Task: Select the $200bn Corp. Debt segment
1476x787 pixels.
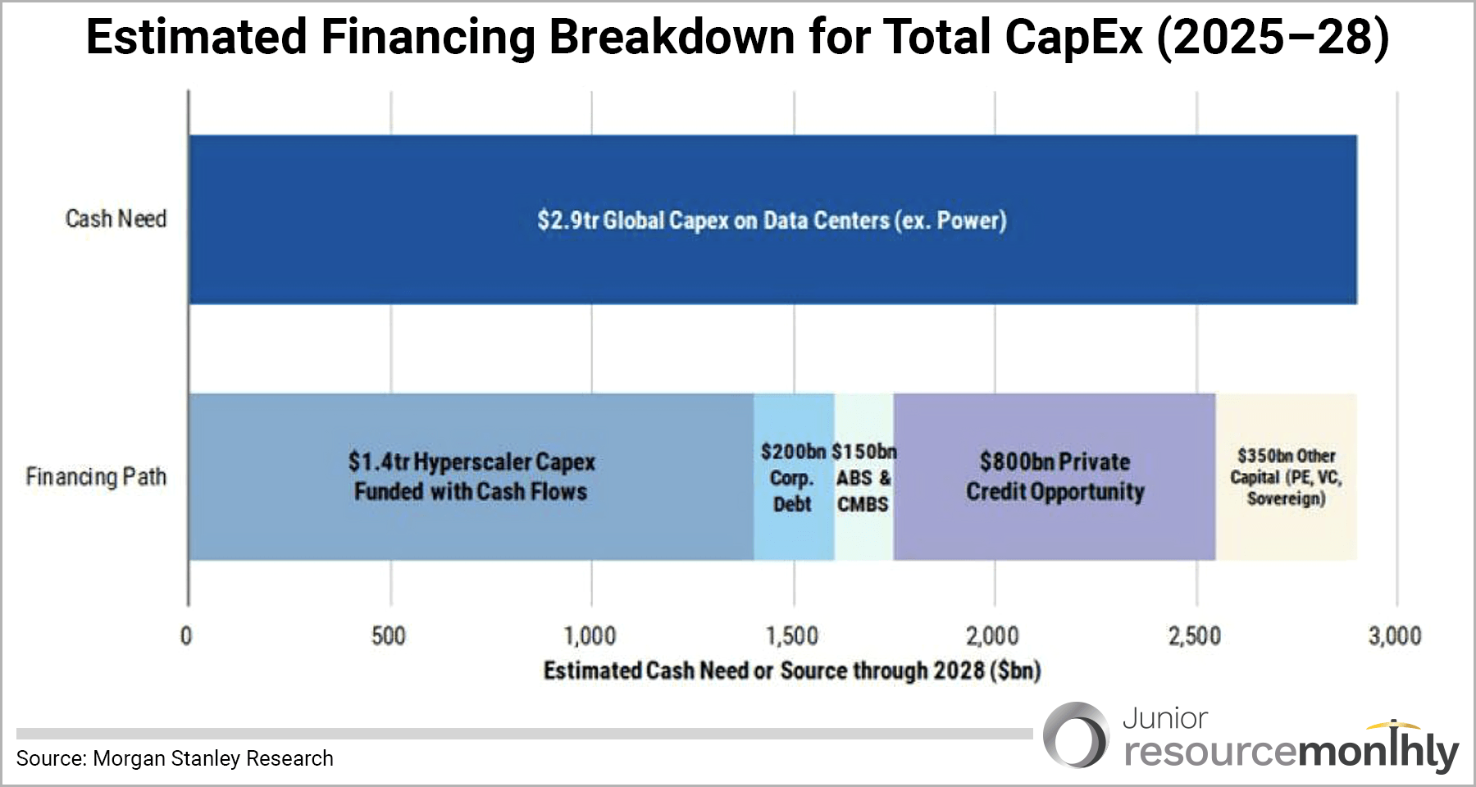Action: (x=793, y=478)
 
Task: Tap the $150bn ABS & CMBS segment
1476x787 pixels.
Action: (x=863, y=478)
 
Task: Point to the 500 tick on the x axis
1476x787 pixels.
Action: (x=389, y=636)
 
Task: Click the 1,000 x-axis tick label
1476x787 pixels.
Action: (x=590, y=636)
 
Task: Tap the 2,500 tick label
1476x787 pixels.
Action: (x=1195, y=636)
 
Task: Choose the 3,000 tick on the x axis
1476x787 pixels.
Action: (x=1395, y=636)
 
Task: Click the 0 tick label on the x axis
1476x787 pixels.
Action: (x=187, y=636)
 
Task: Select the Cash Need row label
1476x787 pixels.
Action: (x=116, y=219)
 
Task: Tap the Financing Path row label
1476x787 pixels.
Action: (x=96, y=476)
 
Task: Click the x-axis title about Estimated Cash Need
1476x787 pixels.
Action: (x=792, y=671)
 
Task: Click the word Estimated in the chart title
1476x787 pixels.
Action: (x=197, y=38)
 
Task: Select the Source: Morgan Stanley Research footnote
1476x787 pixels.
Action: (x=175, y=758)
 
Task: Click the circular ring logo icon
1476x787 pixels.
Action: (x=1076, y=735)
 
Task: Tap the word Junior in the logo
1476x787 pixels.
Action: (x=1164, y=719)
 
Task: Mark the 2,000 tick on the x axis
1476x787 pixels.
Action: (x=993, y=636)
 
